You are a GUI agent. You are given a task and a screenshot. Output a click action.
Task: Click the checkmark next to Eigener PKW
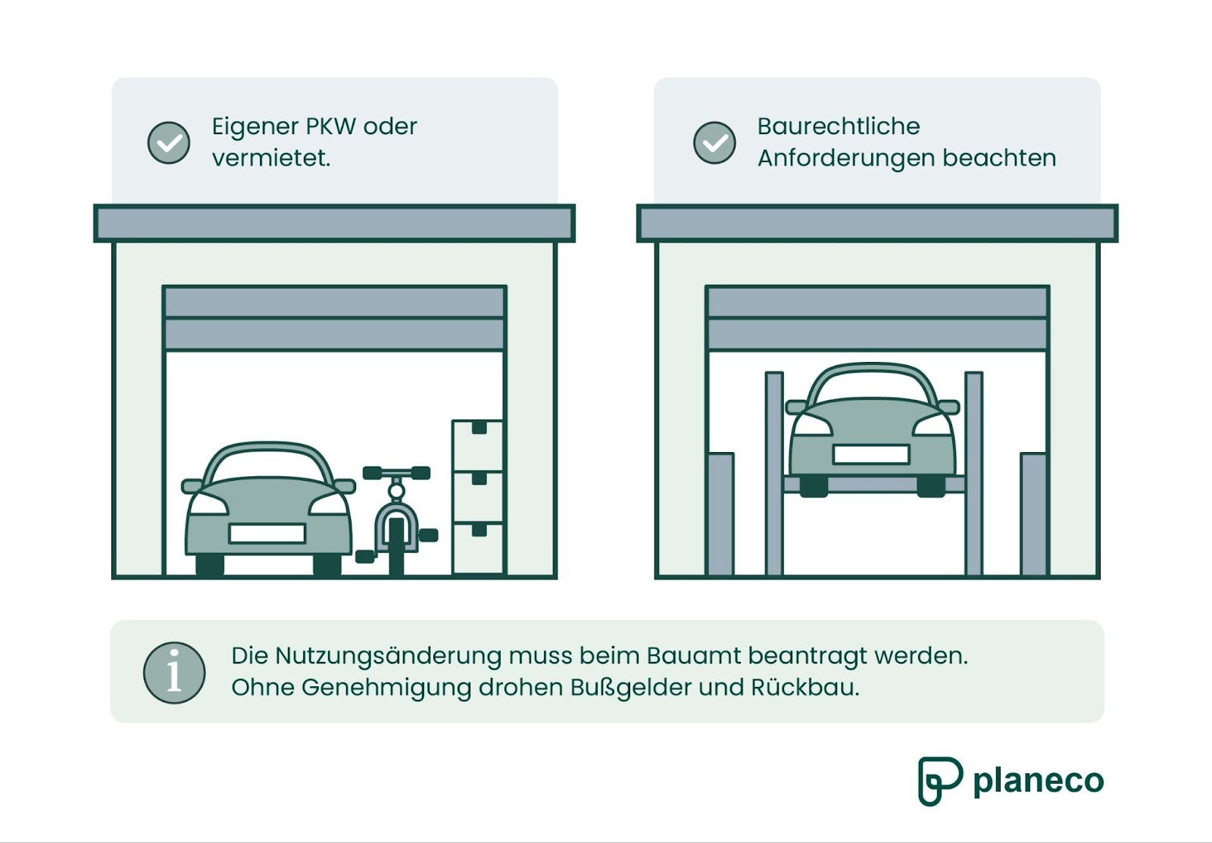click(168, 142)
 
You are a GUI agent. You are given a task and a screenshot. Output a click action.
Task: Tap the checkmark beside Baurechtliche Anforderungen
click(714, 142)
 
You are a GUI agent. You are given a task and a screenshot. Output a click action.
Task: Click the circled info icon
click(174, 673)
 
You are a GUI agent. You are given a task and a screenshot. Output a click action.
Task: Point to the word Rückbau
click(804, 688)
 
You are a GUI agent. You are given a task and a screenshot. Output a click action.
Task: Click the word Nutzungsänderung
click(388, 656)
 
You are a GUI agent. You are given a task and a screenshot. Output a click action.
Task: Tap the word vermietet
click(270, 158)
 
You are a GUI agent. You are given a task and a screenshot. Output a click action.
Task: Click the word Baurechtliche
click(838, 126)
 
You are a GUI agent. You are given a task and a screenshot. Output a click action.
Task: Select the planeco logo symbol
click(939, 780)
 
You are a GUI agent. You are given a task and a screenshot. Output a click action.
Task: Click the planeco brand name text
click(1038, 781)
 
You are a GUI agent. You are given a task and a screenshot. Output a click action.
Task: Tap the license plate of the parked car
click(267, 533)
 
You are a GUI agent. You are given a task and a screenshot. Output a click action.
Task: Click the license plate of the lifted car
click(870, 454)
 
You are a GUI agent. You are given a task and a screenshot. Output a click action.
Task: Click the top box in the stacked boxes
click(477, 445)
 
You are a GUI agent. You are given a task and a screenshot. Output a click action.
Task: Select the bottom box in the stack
click(477, 547)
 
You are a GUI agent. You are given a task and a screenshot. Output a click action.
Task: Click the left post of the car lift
click(774, 473)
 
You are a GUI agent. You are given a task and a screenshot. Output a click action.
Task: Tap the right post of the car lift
click(973, 473)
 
